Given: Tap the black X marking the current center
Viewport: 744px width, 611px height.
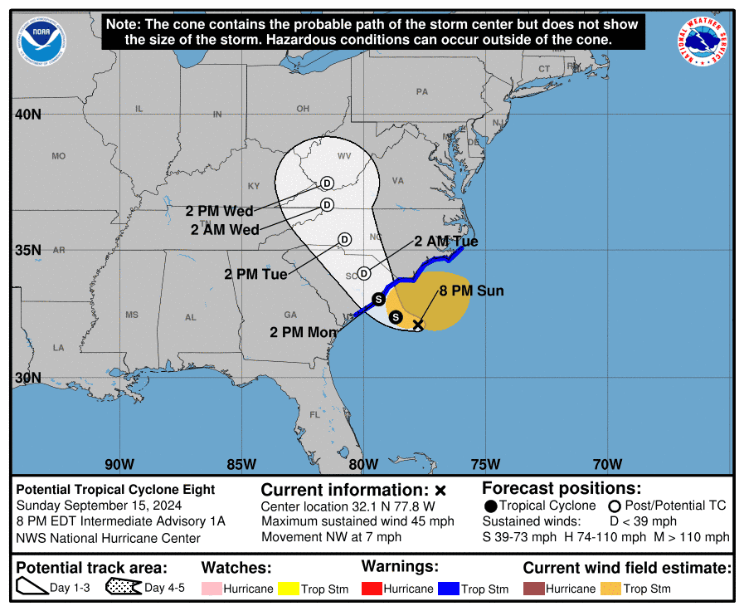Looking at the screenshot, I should [x=418, y=325].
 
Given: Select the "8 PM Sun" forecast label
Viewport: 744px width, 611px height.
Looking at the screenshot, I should [x=471, y=291].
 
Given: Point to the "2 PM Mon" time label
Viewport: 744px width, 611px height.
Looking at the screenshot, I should [x=304, y=332].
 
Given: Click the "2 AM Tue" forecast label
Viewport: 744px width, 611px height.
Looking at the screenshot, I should [x=446, y=242].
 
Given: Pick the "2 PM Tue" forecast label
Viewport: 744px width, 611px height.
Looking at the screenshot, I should [x=255, y=274].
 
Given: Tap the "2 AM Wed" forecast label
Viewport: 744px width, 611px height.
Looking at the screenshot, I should [x=224, y=229].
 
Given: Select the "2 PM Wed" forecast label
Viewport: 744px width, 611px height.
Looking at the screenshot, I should [x=219, y=212].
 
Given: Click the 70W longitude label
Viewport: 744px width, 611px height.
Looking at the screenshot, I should [x=608, y=464].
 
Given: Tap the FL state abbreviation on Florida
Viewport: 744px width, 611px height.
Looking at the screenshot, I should [x=314, y=414].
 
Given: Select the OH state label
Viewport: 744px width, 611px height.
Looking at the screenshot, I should [x=303, y=109].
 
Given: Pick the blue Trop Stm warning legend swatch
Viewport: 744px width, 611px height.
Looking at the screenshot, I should [x=449, y=589].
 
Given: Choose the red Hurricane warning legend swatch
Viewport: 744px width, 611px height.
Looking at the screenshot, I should [x=371, y=589].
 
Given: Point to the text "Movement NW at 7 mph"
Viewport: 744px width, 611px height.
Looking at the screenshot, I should [x=331, y=537].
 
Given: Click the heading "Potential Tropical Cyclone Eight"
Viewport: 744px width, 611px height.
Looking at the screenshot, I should [x=115, y=490].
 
